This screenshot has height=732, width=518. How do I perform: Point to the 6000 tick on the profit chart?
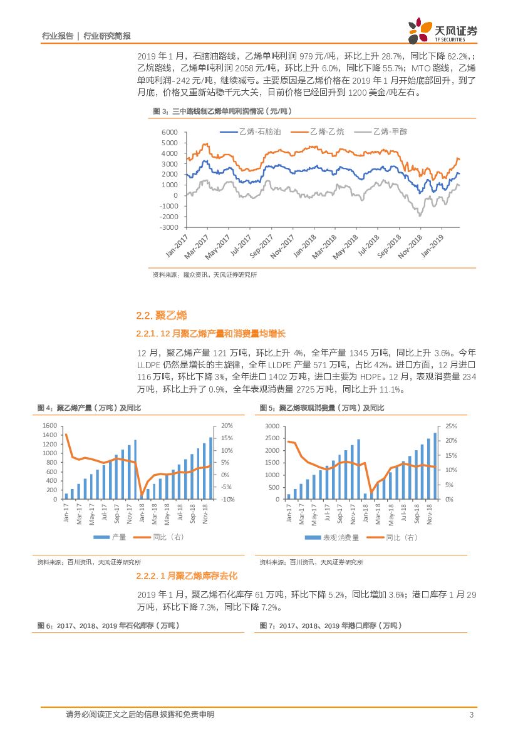(169, 133)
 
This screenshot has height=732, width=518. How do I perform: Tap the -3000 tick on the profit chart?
(168, 227)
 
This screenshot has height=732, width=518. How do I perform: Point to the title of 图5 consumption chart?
(322, 408)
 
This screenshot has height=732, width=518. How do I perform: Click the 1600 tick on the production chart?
(49, 426)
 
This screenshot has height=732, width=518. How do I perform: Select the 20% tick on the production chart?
(227, 426)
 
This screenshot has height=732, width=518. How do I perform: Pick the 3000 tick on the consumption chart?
(271, 426)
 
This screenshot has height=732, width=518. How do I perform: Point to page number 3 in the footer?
(470, 714)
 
